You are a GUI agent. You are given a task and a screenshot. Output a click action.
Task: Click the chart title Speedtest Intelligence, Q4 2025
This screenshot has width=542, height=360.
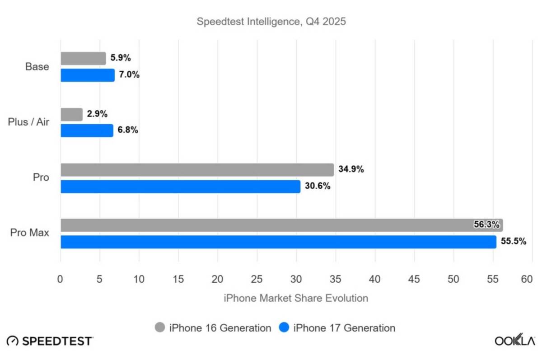pos(271,22)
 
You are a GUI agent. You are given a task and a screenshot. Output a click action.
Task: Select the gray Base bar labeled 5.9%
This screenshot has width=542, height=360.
pos(83,58)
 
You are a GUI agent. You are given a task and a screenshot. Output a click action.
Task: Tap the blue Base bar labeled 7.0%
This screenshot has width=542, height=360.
pos(88,75)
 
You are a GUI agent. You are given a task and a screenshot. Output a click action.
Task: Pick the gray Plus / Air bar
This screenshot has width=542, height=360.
pos(71,114)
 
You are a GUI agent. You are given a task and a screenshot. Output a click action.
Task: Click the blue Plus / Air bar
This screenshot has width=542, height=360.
pos(87,131)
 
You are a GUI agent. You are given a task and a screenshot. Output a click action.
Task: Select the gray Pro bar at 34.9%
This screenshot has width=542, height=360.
pos(197,170)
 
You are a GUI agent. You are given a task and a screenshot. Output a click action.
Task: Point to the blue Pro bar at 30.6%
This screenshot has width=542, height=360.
pos(180,186)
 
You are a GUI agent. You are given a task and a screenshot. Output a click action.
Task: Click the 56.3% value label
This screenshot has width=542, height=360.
pos(486,225)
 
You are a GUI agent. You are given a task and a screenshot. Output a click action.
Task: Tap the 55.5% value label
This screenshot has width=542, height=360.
pos(514,242)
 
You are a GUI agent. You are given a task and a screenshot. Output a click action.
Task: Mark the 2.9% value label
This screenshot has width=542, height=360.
pos(97,114)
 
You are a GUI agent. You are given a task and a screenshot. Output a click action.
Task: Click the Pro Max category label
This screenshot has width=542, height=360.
pos(29,233)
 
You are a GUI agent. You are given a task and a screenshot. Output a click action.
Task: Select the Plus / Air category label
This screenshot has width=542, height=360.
pos(28,122)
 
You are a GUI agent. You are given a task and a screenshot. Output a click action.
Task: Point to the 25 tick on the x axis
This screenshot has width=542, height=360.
pos(257,280)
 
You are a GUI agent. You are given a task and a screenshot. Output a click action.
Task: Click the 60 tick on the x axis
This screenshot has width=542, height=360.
pos(527,280)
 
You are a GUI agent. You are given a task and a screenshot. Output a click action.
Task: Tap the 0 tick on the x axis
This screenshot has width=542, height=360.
pos(61,280)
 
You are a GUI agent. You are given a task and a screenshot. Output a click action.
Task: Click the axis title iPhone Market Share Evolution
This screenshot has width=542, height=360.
pos(295,298)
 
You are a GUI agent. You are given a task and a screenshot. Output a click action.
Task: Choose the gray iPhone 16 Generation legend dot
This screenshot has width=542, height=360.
pos(160,327)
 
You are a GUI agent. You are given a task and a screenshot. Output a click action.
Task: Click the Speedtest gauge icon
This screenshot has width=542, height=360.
pos(13,341)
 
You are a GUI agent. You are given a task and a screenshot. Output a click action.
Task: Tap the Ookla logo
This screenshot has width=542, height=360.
pos(514,341)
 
